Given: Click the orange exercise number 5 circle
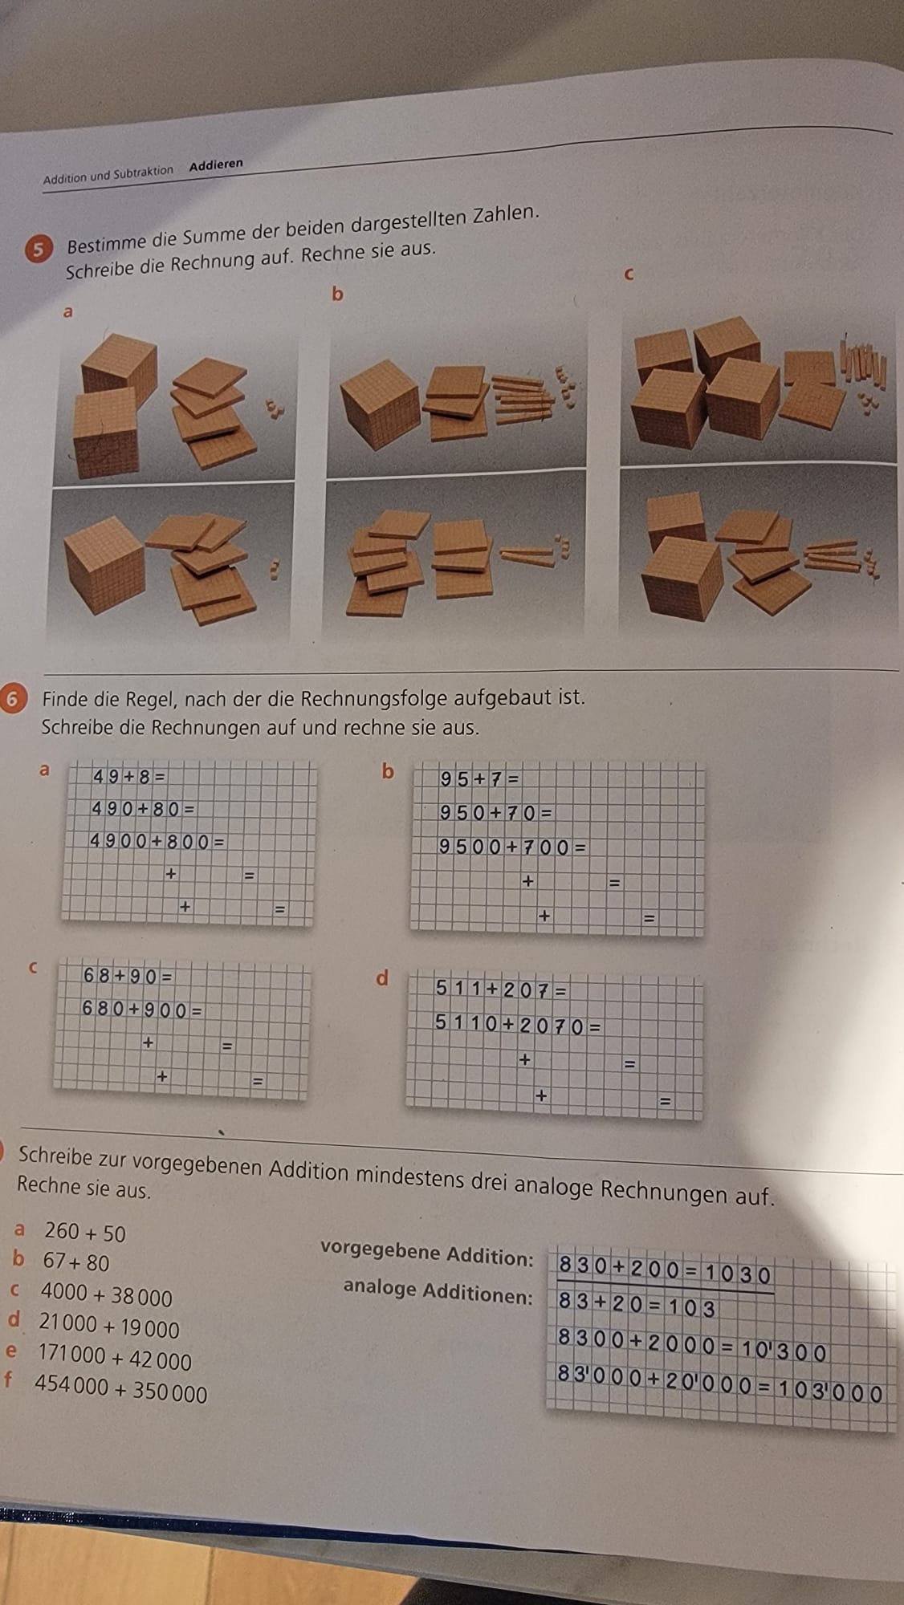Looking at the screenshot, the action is click(36, 249).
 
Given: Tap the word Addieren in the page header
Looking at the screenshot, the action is click(216, 165).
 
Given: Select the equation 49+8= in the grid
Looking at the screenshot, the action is click(129, 776).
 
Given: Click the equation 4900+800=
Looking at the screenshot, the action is click(157, 841).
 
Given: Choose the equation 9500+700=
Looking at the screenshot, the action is click(512, 847).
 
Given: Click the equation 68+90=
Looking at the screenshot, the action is click(127, 976).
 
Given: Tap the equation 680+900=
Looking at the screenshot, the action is click(142, 1009).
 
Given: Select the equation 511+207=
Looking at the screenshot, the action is click(502, 989).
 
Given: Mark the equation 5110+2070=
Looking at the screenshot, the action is click(518, 1024).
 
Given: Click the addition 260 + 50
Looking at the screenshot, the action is click(85, 1232).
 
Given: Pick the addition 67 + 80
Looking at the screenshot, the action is click(76, 1262).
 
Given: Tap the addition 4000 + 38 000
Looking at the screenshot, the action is click(107, 1295).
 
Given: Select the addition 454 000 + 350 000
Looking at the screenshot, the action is click(121, 1390).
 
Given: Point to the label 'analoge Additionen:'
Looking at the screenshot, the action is click(438, 1290).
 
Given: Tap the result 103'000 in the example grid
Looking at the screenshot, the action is click(829, 1392).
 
